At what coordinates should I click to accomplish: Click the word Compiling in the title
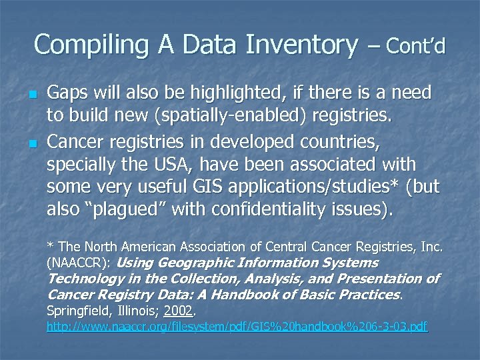pos(78,45)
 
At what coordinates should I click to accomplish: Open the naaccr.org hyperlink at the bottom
pos(237,327)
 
